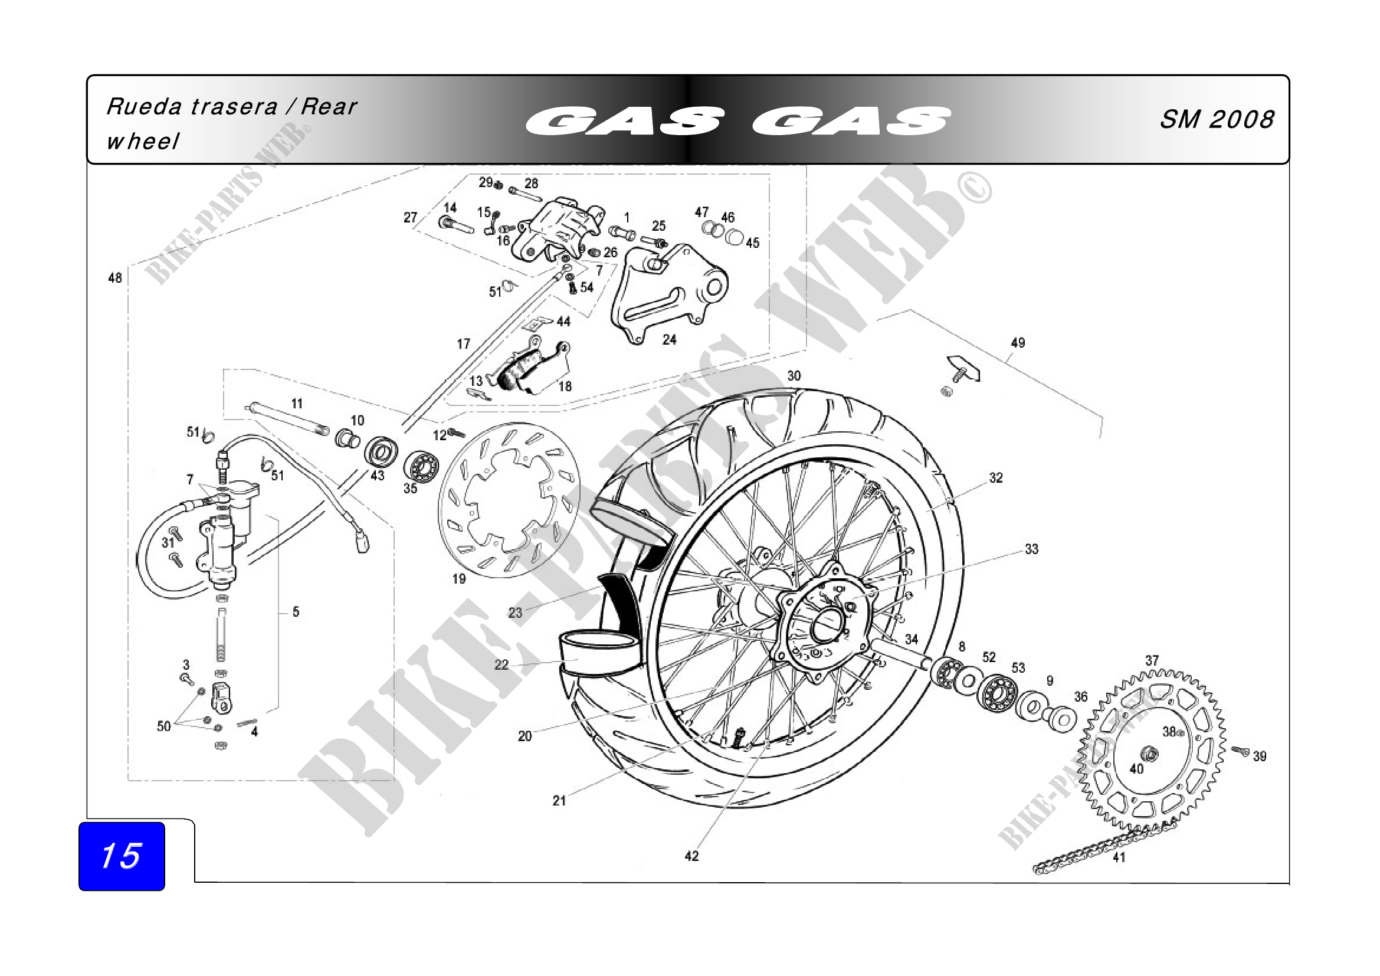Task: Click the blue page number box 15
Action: pos(122,856)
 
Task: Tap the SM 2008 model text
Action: pos(1216,120)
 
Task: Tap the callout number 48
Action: pos(115,278)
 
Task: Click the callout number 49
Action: pos(1018,343)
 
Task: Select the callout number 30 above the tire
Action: pos(794,376)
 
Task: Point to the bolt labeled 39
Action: pos(1240,751)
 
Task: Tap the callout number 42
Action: pos(692,856)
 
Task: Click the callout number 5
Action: pos(296,612)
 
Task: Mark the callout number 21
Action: pos(559,801)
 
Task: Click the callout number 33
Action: pos(1031,549)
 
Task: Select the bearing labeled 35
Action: pos(421,464)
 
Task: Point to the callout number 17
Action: pos(463,344)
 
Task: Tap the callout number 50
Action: pos(163,726)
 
